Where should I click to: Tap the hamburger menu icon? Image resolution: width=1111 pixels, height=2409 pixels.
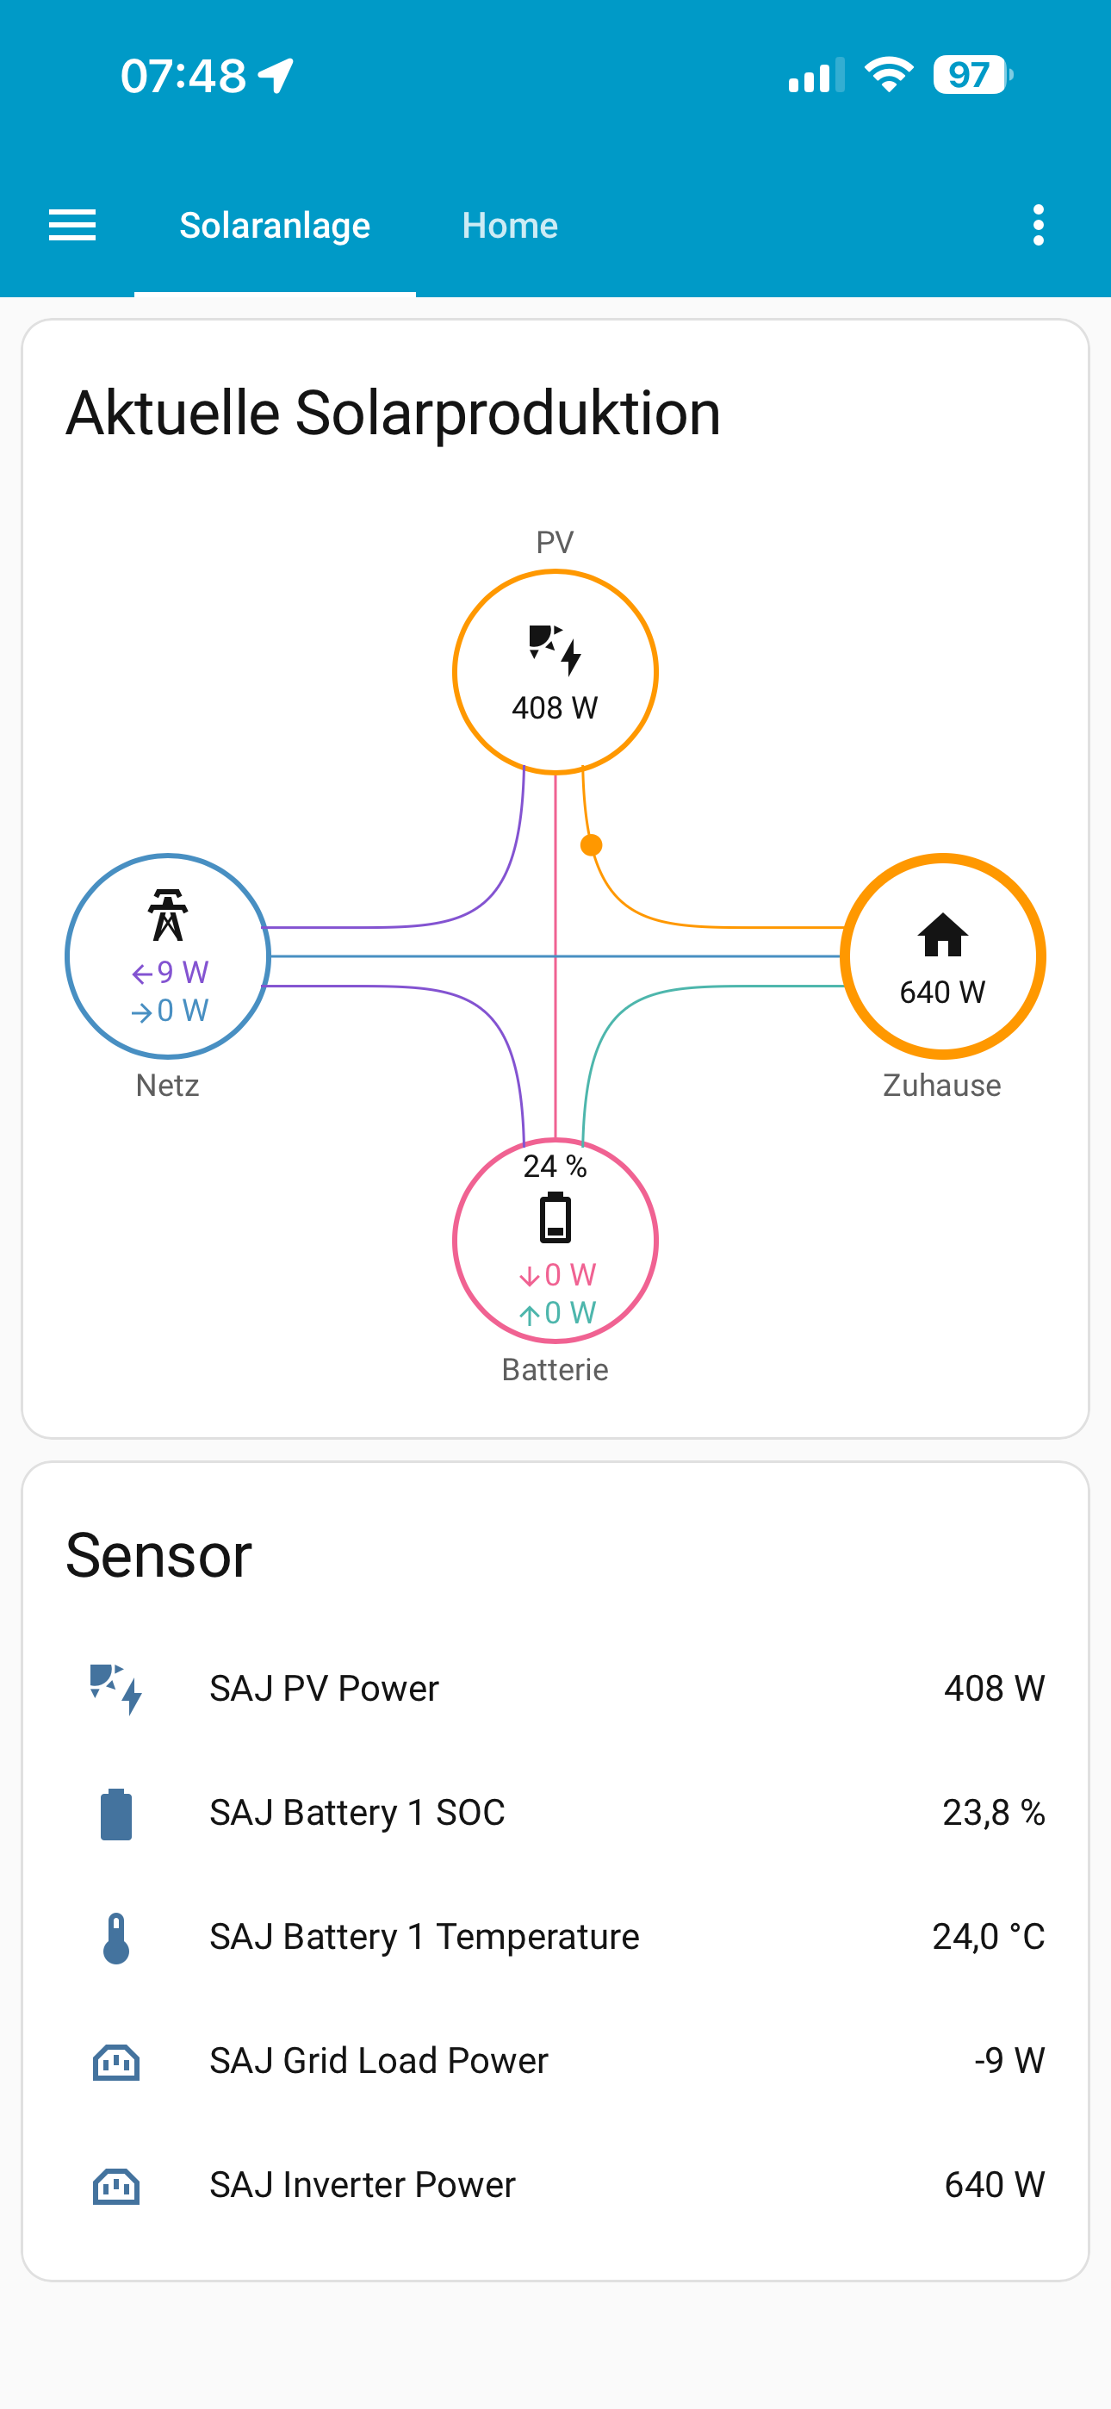click(x=72, y=226)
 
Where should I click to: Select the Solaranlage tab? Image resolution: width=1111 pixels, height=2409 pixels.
click(x=275, y=226)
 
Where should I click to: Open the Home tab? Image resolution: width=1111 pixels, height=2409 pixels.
click(x=510, y=226)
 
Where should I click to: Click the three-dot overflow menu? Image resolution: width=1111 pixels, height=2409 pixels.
click(x=1038, y=226)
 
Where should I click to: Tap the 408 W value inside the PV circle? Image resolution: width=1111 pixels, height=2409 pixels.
click(x=555, y=708)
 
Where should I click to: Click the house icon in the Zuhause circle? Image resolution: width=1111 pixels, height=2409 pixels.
click(x=943, y=934)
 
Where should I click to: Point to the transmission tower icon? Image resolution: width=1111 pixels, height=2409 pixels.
click(x=168, y=915)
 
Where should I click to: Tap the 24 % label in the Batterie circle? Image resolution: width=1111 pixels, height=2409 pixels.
click(x=555, y=1166)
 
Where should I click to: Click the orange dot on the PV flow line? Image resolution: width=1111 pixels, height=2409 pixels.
click(x=591, y=845)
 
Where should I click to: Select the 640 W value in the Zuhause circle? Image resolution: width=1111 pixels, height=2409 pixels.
click(x=943, y=993)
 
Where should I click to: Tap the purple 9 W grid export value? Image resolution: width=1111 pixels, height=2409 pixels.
click(x=171, y=973)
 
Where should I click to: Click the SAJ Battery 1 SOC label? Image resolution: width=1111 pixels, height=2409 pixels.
click(x=357, y=1813)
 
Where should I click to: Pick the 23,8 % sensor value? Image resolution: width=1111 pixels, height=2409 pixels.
click(x=993, y=1813)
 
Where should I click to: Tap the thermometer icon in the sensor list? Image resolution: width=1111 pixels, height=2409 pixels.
click(x=116, y=1938)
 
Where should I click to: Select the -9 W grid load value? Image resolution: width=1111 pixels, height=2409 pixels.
click(x=1009, y=2060)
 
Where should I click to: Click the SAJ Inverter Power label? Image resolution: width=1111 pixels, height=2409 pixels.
click(x=363, y=2185)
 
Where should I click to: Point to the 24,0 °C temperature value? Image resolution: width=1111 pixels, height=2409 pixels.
click(x=989, y=1937)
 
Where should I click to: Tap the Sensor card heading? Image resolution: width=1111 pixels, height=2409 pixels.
click(x=159, y=1555)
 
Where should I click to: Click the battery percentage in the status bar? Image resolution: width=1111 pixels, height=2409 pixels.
click(x=970, y=76)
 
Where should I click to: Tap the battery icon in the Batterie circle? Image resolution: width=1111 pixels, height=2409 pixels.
click(x=555, y=1217)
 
